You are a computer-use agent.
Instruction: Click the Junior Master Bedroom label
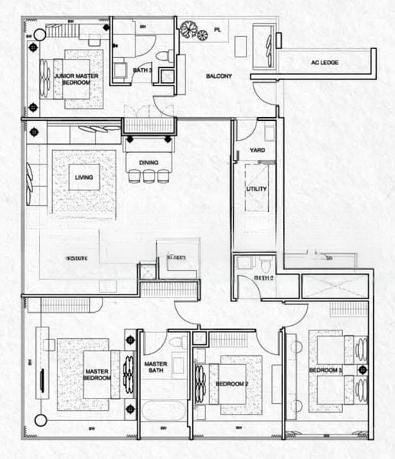click(68, 80)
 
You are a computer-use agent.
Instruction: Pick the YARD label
click(257, 150)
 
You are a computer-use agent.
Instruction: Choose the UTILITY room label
click(256, 188)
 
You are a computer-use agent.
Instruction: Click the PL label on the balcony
click(217, 31)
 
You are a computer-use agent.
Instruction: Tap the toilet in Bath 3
click(163, 55)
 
